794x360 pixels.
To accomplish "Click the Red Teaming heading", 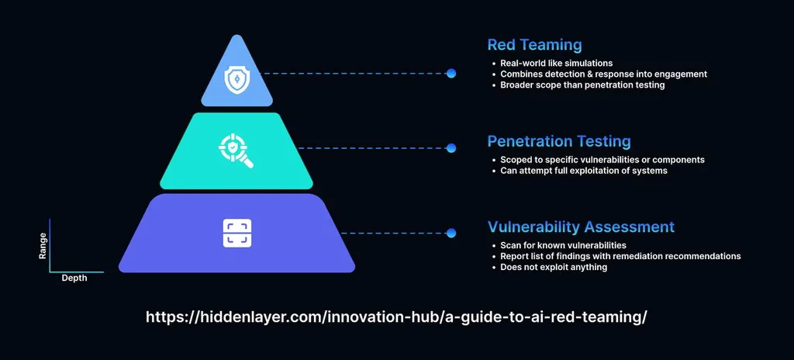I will (534, 45).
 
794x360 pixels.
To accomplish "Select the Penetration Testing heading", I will (558, 141).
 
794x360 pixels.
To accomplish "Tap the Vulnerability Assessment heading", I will (581, 227).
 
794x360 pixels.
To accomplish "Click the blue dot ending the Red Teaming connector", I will (451, 74).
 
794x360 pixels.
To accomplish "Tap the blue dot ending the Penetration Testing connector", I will (451, 147).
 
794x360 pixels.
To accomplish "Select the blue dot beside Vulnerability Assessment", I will (451, 232).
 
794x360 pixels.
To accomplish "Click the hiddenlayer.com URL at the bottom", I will (396, 317).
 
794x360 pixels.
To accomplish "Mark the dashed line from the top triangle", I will (357, 74).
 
